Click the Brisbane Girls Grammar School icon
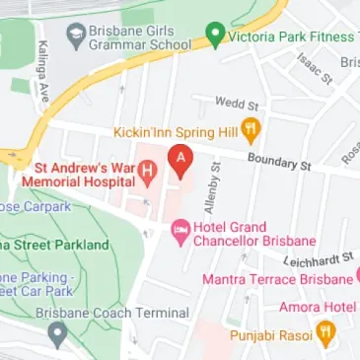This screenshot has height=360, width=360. coord(75,37)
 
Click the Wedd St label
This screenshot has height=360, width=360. coord(237,102)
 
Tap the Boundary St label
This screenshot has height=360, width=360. coord(278,160)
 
